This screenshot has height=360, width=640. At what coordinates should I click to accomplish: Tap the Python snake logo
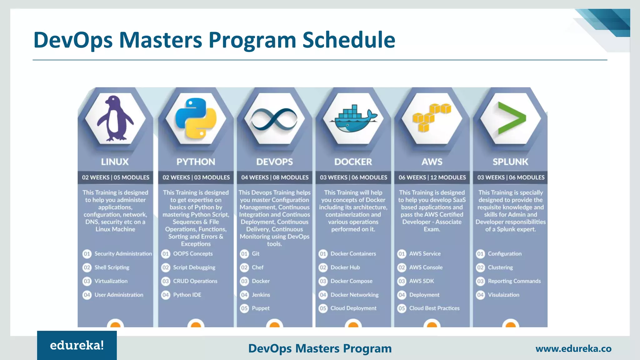pos(196,118)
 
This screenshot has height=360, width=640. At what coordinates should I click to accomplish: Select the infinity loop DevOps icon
pos(274,119)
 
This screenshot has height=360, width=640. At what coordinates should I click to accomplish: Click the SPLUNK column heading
pos(510,162)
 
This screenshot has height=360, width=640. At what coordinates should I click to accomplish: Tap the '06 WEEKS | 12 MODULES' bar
pos(432,177)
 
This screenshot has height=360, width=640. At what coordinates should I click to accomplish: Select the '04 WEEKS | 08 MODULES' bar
pos(275,177)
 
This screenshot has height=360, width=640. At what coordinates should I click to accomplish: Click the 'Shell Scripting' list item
pos(112,267)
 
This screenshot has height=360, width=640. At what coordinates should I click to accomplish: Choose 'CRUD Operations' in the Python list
pos(195,281)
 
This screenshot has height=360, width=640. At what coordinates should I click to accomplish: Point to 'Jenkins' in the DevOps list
pos(261,295)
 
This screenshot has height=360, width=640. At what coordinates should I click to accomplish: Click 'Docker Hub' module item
pos(345,267)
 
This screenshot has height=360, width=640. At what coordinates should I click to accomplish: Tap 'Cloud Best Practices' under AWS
pos(434,308)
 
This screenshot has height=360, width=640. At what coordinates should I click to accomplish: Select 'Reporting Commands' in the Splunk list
pos(514,281)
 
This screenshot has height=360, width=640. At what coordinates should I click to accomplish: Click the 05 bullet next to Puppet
pos(244,308)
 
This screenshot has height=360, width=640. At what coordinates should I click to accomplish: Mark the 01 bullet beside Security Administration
pos(87,254)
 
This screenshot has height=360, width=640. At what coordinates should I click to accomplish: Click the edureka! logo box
pos(77,345)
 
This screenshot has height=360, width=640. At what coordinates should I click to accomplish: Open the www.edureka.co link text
pos(573,349)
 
